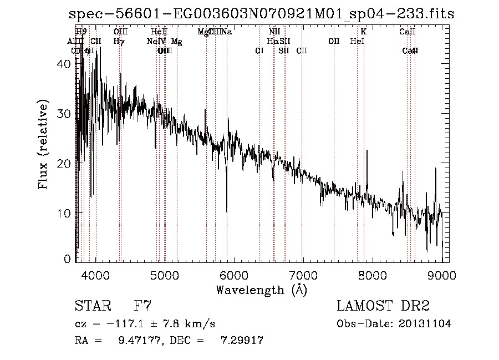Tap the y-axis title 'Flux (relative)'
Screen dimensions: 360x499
point(43,145)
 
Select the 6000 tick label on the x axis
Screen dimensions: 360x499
point(234,275)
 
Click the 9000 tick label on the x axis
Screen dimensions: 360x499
point(442,275)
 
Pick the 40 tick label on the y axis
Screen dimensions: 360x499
point(64,64)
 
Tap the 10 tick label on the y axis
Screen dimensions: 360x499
point(64,213)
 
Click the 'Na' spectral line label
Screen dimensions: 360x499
point(227,32)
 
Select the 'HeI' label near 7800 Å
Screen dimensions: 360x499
point(357,41)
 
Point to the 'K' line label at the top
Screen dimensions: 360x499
point(364,32)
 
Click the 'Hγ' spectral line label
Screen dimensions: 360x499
point(119,41)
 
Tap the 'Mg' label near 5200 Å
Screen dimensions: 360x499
point(176,41)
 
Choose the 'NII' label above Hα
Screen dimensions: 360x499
point(274,32)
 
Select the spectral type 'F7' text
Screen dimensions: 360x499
point(142,306)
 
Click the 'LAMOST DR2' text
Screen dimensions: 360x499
point(383,306)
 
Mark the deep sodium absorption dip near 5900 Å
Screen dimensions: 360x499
point(226,208)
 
